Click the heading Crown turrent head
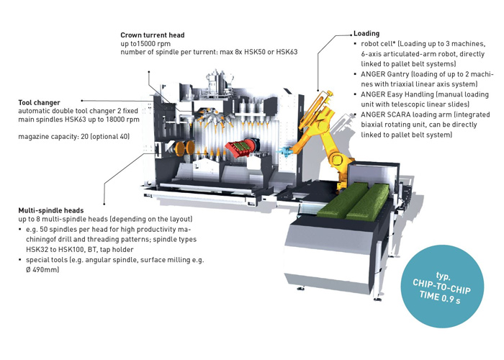[153, 35]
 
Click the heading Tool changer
[39, 102]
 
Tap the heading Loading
[366, 34]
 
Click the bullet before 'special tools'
[22, 259]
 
